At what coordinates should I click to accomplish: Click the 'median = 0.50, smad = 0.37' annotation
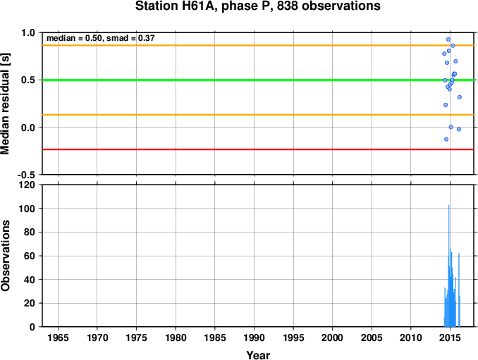(101, 38)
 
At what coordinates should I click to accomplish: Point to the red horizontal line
(258, 149)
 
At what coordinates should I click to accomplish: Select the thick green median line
(258, 80)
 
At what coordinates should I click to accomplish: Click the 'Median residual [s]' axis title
(5, 104)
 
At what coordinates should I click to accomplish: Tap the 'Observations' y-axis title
(5, 256)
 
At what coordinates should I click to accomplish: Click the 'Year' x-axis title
(258, 355)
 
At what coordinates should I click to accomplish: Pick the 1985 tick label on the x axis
(215, 337)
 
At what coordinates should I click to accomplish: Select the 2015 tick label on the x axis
(450, 337)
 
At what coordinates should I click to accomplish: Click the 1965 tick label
(58, 337)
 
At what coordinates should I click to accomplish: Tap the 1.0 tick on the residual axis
(28, 32)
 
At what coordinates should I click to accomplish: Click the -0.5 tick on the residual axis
(26, 175)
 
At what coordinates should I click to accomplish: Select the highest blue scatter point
(448, 39)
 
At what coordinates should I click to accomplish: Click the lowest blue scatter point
(446, 139)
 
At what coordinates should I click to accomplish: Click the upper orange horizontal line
(258, 45)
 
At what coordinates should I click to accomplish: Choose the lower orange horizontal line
(258, 115)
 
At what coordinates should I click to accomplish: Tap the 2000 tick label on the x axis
(332, 337)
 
